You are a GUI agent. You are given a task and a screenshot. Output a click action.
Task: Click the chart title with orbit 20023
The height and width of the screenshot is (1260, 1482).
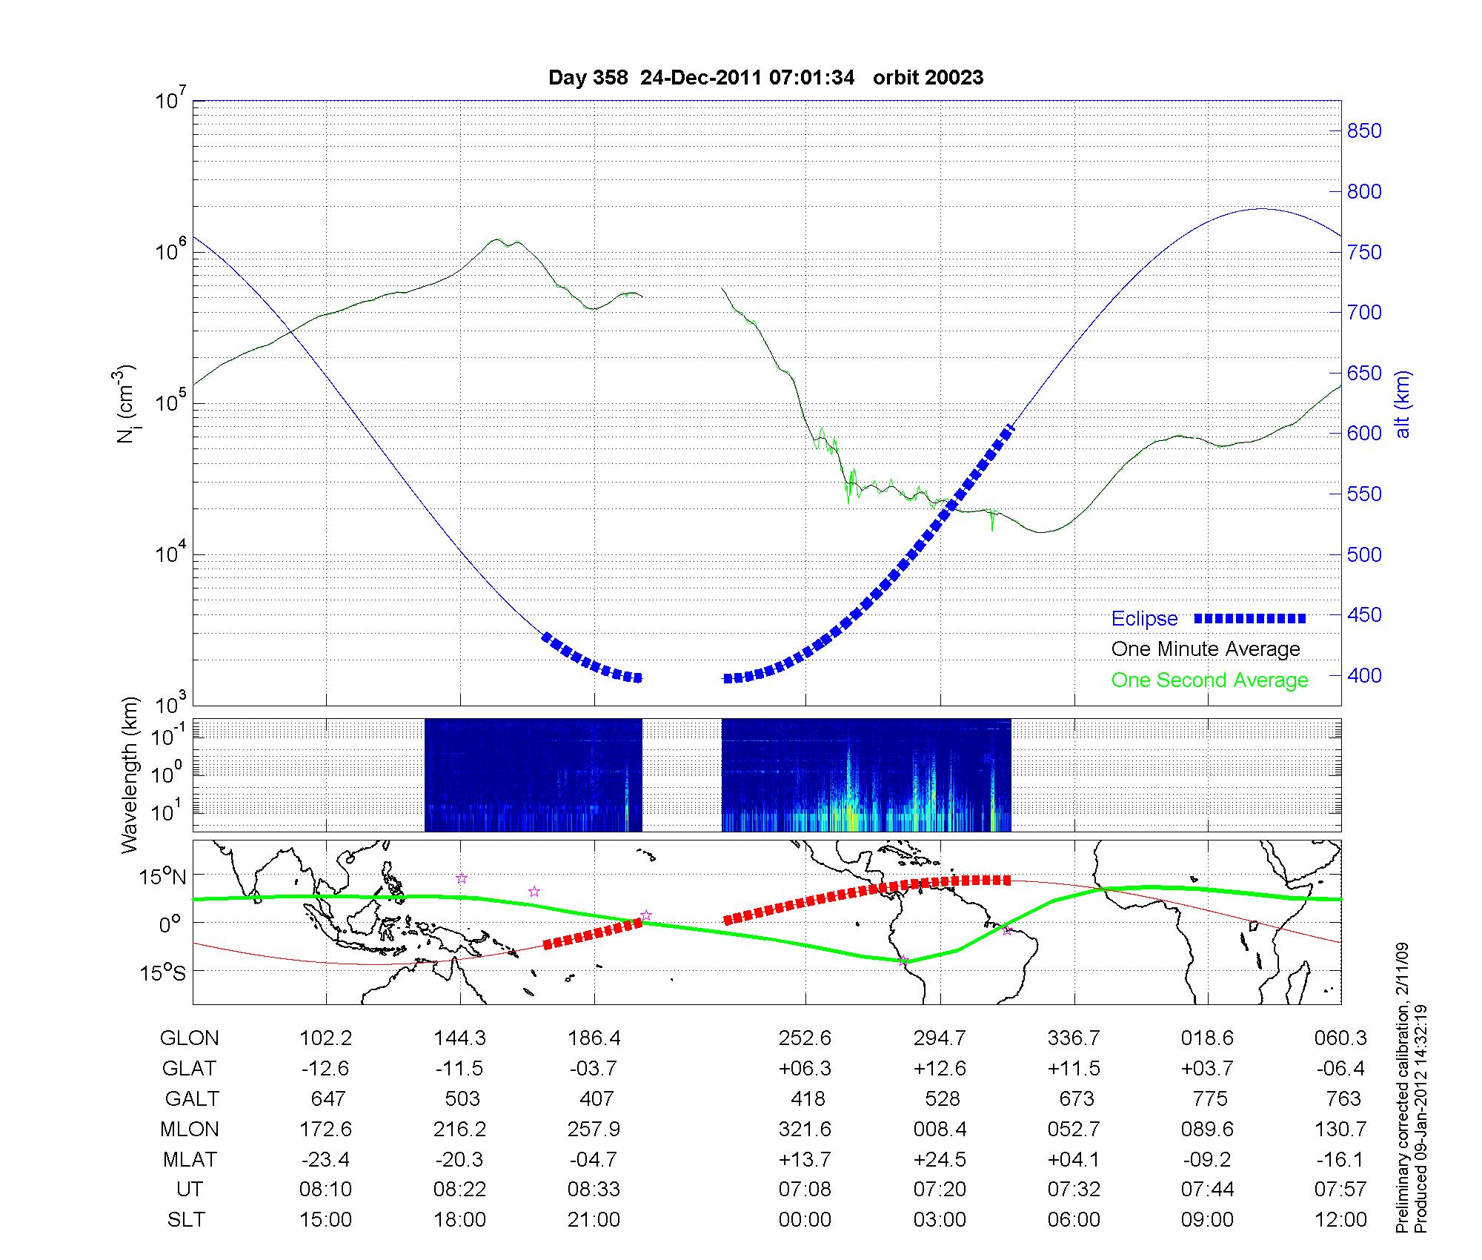click(x=765, y=77)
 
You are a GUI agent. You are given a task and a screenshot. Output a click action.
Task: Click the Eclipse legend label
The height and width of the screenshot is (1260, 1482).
click(x=1144, y=618)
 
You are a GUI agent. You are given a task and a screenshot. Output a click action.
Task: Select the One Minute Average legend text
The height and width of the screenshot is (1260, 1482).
click(x=1206, y=649)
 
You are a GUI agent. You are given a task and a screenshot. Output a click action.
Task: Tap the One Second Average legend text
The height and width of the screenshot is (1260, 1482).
click(x=1209, y=680)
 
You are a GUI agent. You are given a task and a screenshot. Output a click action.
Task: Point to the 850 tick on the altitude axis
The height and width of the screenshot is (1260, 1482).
click(x=1364, y=131)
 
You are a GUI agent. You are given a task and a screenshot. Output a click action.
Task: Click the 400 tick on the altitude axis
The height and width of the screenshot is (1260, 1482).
click(x=1364, y=675)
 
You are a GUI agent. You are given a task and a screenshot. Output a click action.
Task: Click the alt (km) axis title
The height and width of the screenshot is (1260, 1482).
click(x=1403, y=404)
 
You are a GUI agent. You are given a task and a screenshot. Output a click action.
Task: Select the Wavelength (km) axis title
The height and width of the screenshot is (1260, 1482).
click(x=130, y=775)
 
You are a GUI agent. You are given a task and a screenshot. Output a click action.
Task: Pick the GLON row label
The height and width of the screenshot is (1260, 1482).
click(x=189, y=1038)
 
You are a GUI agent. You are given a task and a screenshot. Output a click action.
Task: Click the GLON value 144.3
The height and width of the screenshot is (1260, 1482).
click(x=460, y=1038)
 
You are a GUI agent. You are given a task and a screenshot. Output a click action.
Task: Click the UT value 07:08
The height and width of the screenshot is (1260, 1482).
click(x=805, y=1189)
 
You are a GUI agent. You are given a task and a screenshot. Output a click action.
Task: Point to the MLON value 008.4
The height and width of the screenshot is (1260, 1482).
click(x=940, y=1129)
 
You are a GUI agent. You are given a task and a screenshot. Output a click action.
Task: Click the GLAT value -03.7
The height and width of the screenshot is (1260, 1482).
click(x=594, y=1068)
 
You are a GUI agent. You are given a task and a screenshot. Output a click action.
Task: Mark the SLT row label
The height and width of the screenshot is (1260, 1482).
click(x=186, y=1219)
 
